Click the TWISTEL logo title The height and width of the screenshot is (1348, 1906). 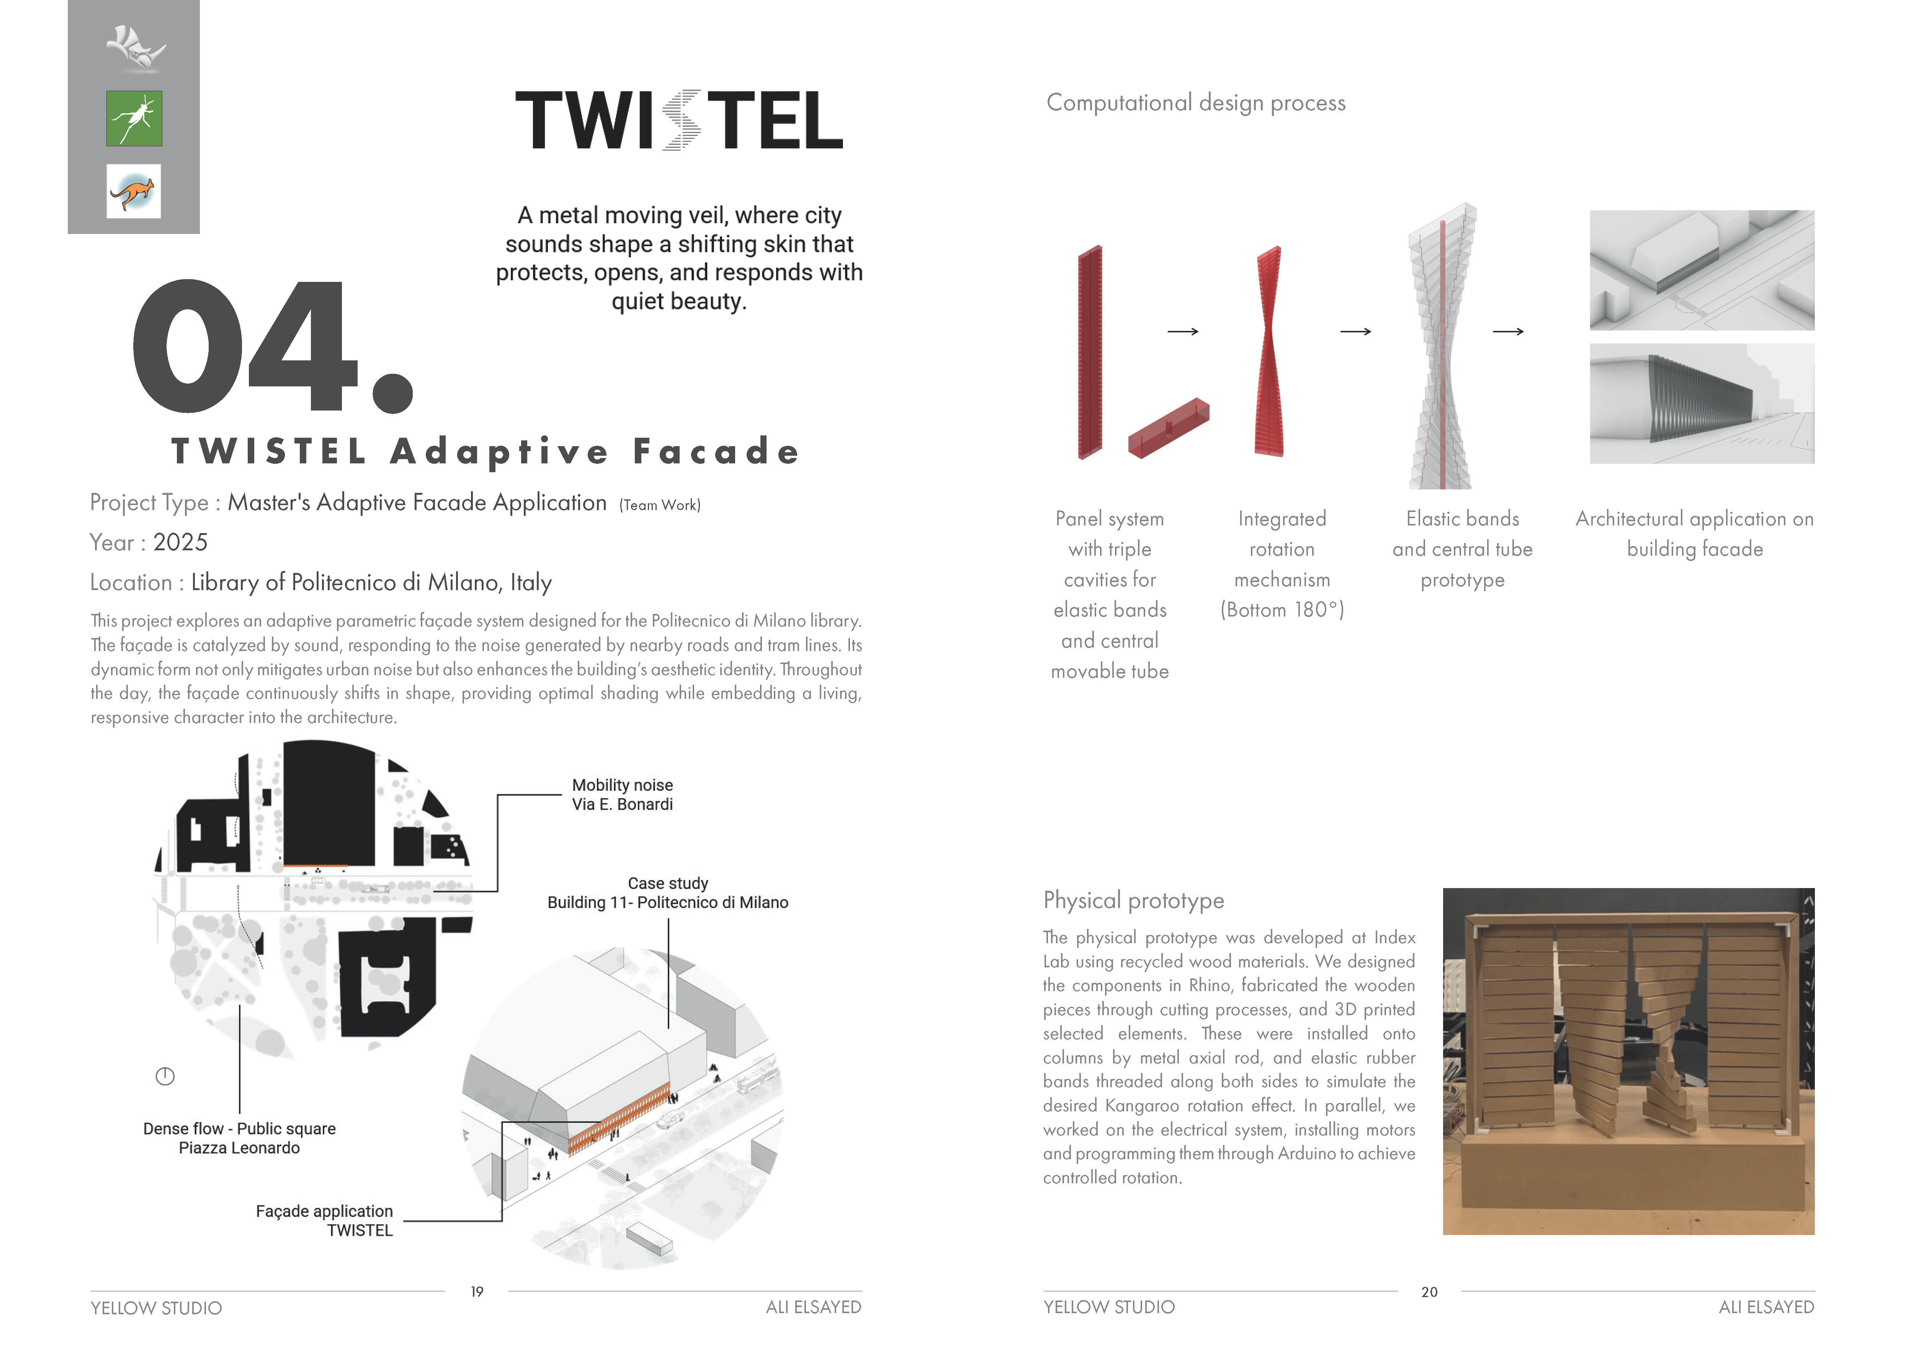[679, 120]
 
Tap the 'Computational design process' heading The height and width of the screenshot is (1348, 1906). [1195, 103]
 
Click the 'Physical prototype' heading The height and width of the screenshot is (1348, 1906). [1133, 901]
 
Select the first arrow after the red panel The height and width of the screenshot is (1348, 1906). [1183, 332]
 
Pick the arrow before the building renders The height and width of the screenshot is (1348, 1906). [1508, 332]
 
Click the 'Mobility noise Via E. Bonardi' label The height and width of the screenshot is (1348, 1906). [622, 794]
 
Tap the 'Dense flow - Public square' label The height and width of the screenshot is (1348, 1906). [239, 1129]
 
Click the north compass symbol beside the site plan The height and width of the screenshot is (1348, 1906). [165, 1076]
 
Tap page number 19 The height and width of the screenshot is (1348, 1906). [476, 1292]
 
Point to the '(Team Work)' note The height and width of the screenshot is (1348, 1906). [660, 505]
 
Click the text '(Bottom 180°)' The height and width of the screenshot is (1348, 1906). [1282, 610]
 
